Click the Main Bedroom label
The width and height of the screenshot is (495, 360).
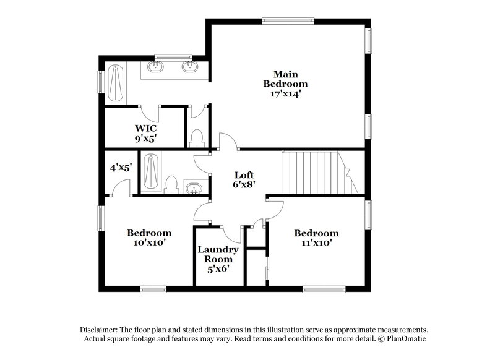[285, 79]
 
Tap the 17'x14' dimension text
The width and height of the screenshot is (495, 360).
[285, 94]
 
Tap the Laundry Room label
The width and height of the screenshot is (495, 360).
[218, 254]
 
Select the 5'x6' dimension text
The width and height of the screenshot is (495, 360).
[218, 269]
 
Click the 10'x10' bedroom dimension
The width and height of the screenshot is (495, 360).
[149, 243]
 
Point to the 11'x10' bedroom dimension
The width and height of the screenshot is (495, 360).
[316, 243]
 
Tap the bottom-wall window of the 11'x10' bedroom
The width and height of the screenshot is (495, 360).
[324, 288]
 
